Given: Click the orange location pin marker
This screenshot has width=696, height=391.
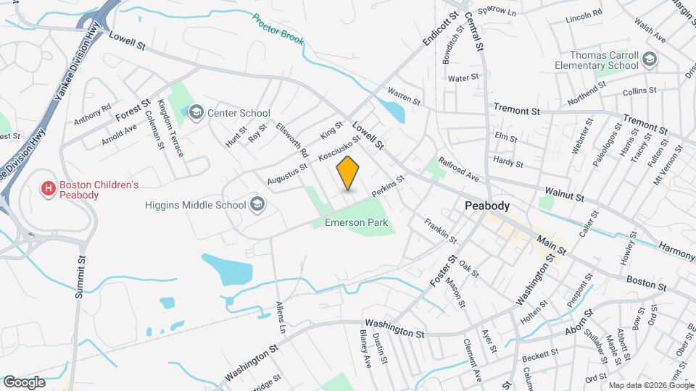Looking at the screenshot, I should tap(349, 173).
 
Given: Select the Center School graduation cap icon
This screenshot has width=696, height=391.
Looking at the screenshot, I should tap(196, 112).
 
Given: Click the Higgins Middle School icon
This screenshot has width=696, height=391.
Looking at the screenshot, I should tap(257, 205).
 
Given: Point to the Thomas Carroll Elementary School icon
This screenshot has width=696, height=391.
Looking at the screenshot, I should tap(649, 59).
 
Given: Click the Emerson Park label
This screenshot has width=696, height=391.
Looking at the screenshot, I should tap(356, 222).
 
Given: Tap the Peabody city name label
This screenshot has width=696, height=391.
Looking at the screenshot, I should tap(487, 206).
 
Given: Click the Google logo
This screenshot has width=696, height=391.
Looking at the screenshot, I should tap(24, 382).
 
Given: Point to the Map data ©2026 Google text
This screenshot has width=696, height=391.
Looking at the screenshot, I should tap(650, 385).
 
